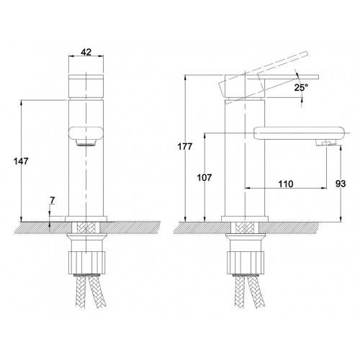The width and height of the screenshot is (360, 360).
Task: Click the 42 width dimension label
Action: [86, 52]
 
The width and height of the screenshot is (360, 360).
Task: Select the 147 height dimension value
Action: [21, 161]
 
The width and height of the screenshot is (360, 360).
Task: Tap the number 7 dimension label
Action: [53, 200]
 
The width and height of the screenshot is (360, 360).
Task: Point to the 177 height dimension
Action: [185, 146]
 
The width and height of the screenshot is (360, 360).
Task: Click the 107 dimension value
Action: [204, 178]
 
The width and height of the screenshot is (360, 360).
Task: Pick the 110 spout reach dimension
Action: [286, 184]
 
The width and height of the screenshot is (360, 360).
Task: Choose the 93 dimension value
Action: [341, 184]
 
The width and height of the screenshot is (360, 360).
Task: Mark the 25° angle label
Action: [301, 88]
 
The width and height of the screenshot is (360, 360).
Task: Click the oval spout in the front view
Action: [86, 133]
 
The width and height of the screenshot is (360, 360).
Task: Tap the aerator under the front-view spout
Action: [86, 143]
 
